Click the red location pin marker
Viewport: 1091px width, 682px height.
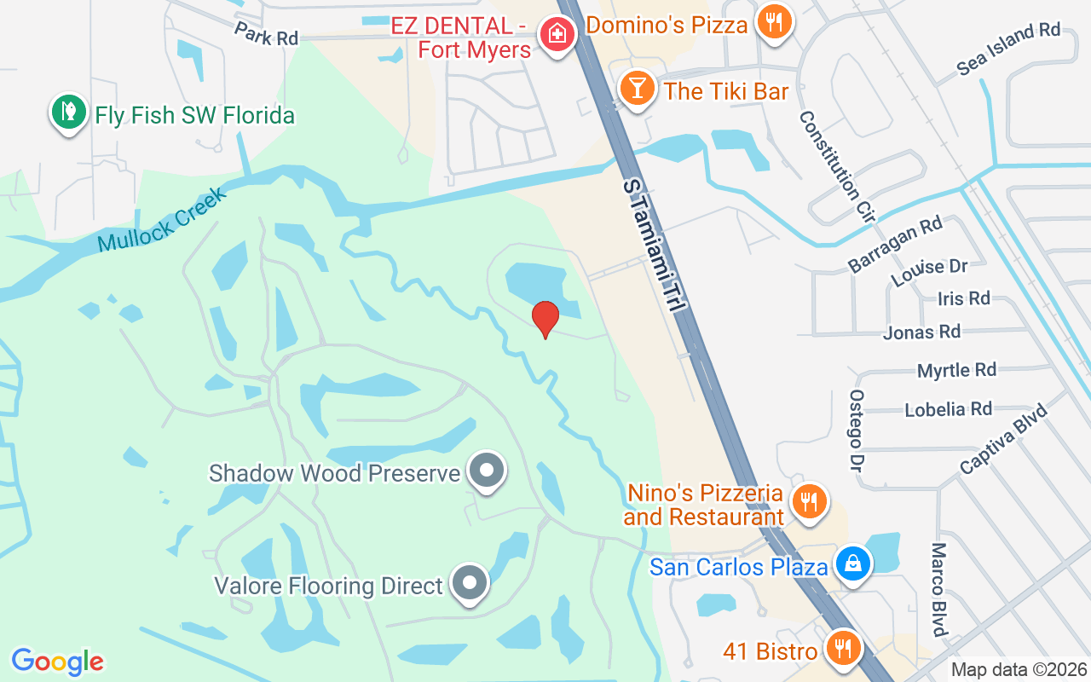[x=545, y=319]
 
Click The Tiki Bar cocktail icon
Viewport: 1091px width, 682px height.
[x=635, y=87]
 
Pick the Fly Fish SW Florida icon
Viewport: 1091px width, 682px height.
[x=68, y=111]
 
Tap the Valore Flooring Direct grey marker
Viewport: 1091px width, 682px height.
[x=468, y=583]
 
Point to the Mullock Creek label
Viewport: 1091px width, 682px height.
[x=163, y=220]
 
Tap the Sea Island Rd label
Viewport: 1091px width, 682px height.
[x=1008, y=49]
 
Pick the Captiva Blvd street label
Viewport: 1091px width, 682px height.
[x=1003, y=439]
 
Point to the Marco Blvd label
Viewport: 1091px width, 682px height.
[x=939, y=589]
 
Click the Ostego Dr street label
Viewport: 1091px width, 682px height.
[x=856, y=431]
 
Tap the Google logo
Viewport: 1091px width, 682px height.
[x=58, y=662]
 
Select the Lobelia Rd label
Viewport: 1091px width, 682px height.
[x=948, y=409]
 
